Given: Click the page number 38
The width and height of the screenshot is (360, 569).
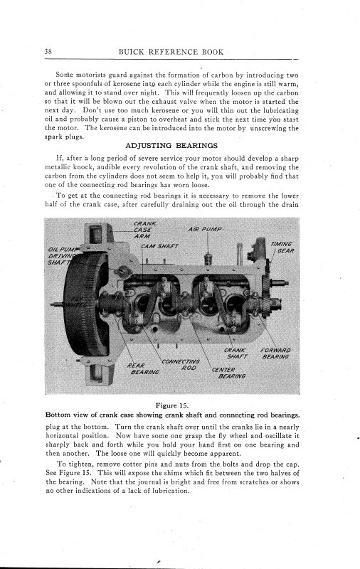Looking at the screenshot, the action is (x=48, y=51).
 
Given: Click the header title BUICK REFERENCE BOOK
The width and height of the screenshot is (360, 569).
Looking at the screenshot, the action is (x=171, y=51).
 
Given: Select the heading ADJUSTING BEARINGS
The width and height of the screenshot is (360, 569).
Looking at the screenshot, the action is (x=171, y=146).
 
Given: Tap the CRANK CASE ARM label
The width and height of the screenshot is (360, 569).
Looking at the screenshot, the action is (x=144, y=230).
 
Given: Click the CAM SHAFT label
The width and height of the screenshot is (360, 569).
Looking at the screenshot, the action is (x=159, y=246).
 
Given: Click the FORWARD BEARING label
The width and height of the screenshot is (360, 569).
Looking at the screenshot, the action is (x=276, y=353).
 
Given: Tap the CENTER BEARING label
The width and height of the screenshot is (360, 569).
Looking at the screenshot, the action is (x=228, y=373).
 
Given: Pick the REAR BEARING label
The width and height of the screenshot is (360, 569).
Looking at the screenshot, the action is (x=143, y=368).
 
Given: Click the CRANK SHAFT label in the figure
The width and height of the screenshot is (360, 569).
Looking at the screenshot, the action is (x=235, y=353).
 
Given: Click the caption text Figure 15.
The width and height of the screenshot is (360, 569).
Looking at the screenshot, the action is (x=172, y=405).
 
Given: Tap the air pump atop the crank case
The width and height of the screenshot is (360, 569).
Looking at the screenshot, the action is (x=207, y=259).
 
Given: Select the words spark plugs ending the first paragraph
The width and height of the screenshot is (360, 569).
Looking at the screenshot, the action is (x=64, y=137).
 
